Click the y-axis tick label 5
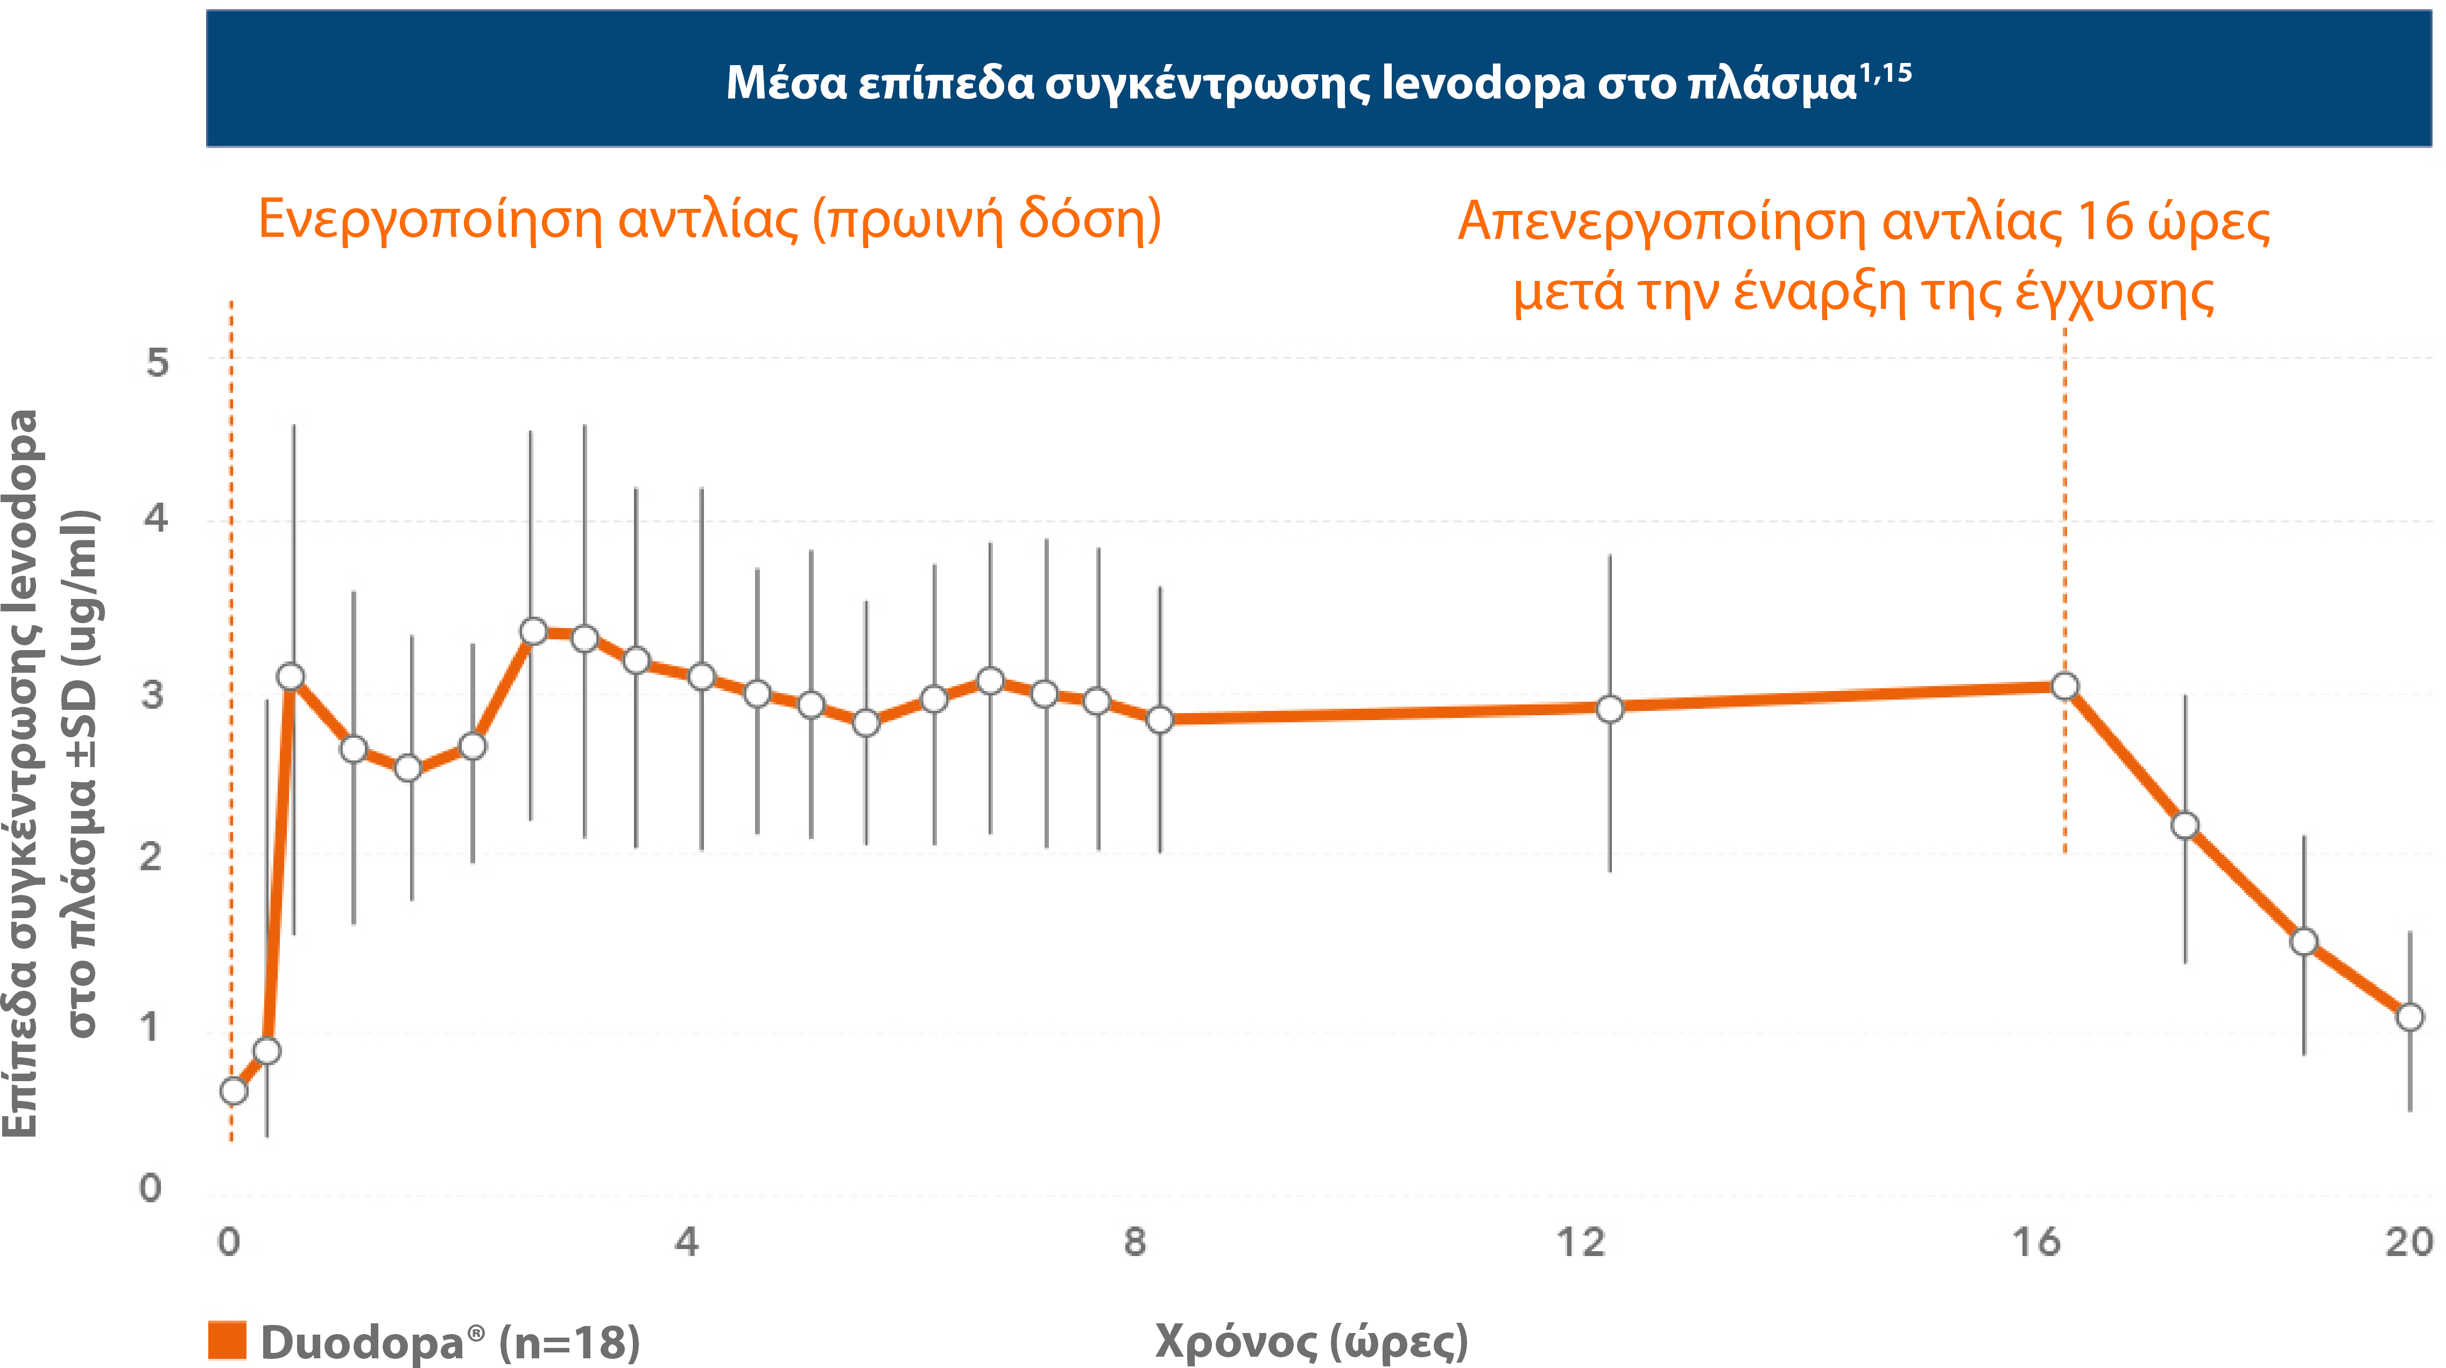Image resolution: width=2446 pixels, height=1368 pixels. tap(157, 363)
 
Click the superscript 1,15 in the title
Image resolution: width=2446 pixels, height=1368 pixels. tap(1885, 73)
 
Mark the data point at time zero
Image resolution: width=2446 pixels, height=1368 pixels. tap(234, 1091)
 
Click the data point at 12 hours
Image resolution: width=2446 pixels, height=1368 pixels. tap(1610, 708)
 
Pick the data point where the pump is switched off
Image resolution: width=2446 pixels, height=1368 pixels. tap(2064, 686)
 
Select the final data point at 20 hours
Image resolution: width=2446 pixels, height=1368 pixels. tap(2409, 1017)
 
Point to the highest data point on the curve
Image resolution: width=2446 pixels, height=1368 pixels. tap(534, 631)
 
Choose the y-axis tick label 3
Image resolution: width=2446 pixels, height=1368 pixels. tap(152, 695)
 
